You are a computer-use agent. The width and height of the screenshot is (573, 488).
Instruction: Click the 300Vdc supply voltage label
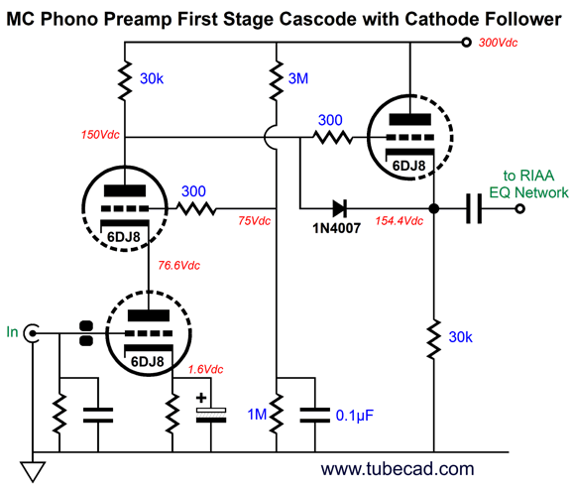498,43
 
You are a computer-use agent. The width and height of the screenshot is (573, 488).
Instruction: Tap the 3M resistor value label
298,78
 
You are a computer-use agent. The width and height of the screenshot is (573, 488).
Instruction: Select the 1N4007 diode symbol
340,208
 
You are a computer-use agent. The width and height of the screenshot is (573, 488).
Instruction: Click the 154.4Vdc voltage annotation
400,221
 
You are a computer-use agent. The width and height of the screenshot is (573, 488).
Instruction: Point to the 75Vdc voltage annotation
254,221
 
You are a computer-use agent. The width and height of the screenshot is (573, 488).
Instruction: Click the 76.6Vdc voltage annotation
178,265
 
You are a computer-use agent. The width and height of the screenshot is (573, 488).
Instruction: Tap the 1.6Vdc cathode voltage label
205,369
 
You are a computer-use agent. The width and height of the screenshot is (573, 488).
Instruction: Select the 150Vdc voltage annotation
100,135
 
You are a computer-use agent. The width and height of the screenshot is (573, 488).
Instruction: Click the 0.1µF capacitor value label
355,416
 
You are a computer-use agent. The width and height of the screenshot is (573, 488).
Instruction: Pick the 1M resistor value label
258,415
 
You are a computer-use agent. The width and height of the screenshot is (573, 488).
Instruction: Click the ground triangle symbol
33,471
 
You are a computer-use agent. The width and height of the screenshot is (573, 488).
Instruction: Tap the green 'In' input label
12,332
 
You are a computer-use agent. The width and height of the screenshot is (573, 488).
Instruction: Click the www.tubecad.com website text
398,469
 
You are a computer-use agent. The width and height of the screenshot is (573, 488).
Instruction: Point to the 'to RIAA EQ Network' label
528,183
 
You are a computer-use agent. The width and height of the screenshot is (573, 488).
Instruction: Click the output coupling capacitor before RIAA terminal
474,208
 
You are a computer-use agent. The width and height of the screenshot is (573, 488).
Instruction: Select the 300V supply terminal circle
466,43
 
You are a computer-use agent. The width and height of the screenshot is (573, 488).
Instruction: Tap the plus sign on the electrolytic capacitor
201,398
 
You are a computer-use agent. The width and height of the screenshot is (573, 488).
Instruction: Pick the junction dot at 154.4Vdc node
434,208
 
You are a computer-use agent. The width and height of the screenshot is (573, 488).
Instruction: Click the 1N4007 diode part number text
337,228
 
